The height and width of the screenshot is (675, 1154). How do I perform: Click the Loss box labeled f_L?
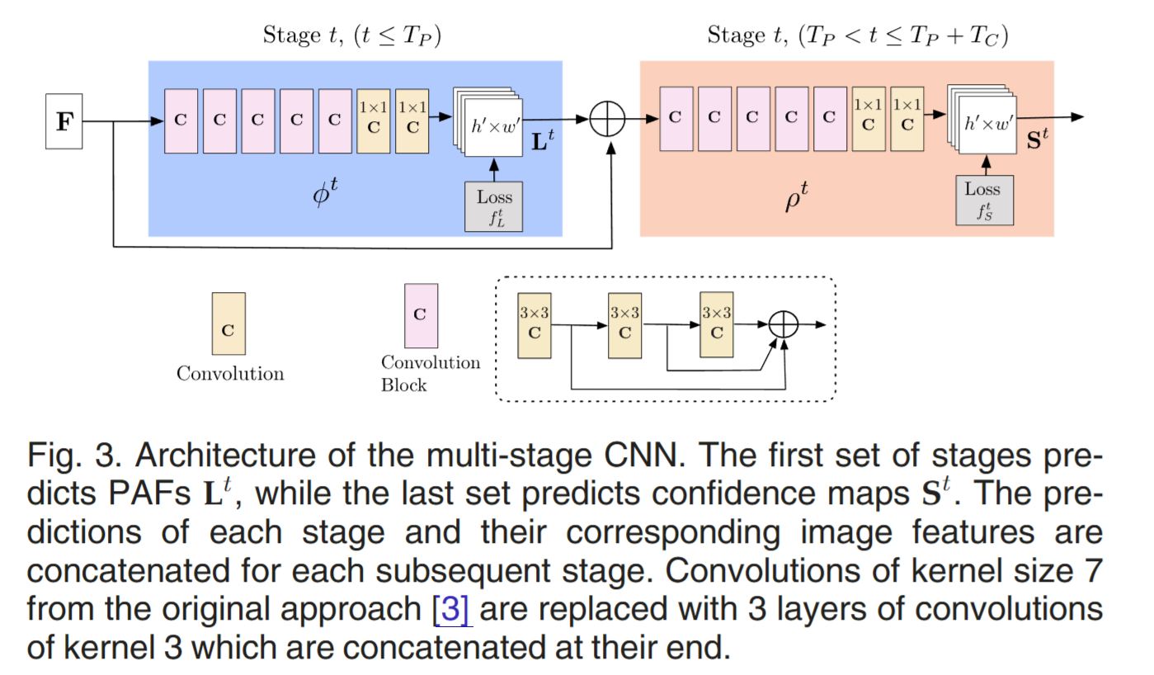pyautogui.click(x=494, y=206)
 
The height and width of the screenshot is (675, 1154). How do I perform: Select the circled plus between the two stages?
pyautogui.click(x=608, y=120)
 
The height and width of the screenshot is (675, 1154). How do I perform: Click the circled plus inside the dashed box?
pyautogui.click(x=784, y=325)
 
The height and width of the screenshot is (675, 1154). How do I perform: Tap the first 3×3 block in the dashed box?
pyautogui.click(x=534, y=325)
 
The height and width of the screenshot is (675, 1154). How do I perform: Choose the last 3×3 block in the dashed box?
pyautogui.click(x=716, y=325)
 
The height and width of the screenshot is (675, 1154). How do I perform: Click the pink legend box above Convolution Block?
pyautogui.click(x=420, y=315)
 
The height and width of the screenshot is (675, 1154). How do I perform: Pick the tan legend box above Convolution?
pyautogui.click(x=228, y=323)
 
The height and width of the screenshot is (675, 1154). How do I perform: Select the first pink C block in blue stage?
pyautogui.click(x=181, y=120)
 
